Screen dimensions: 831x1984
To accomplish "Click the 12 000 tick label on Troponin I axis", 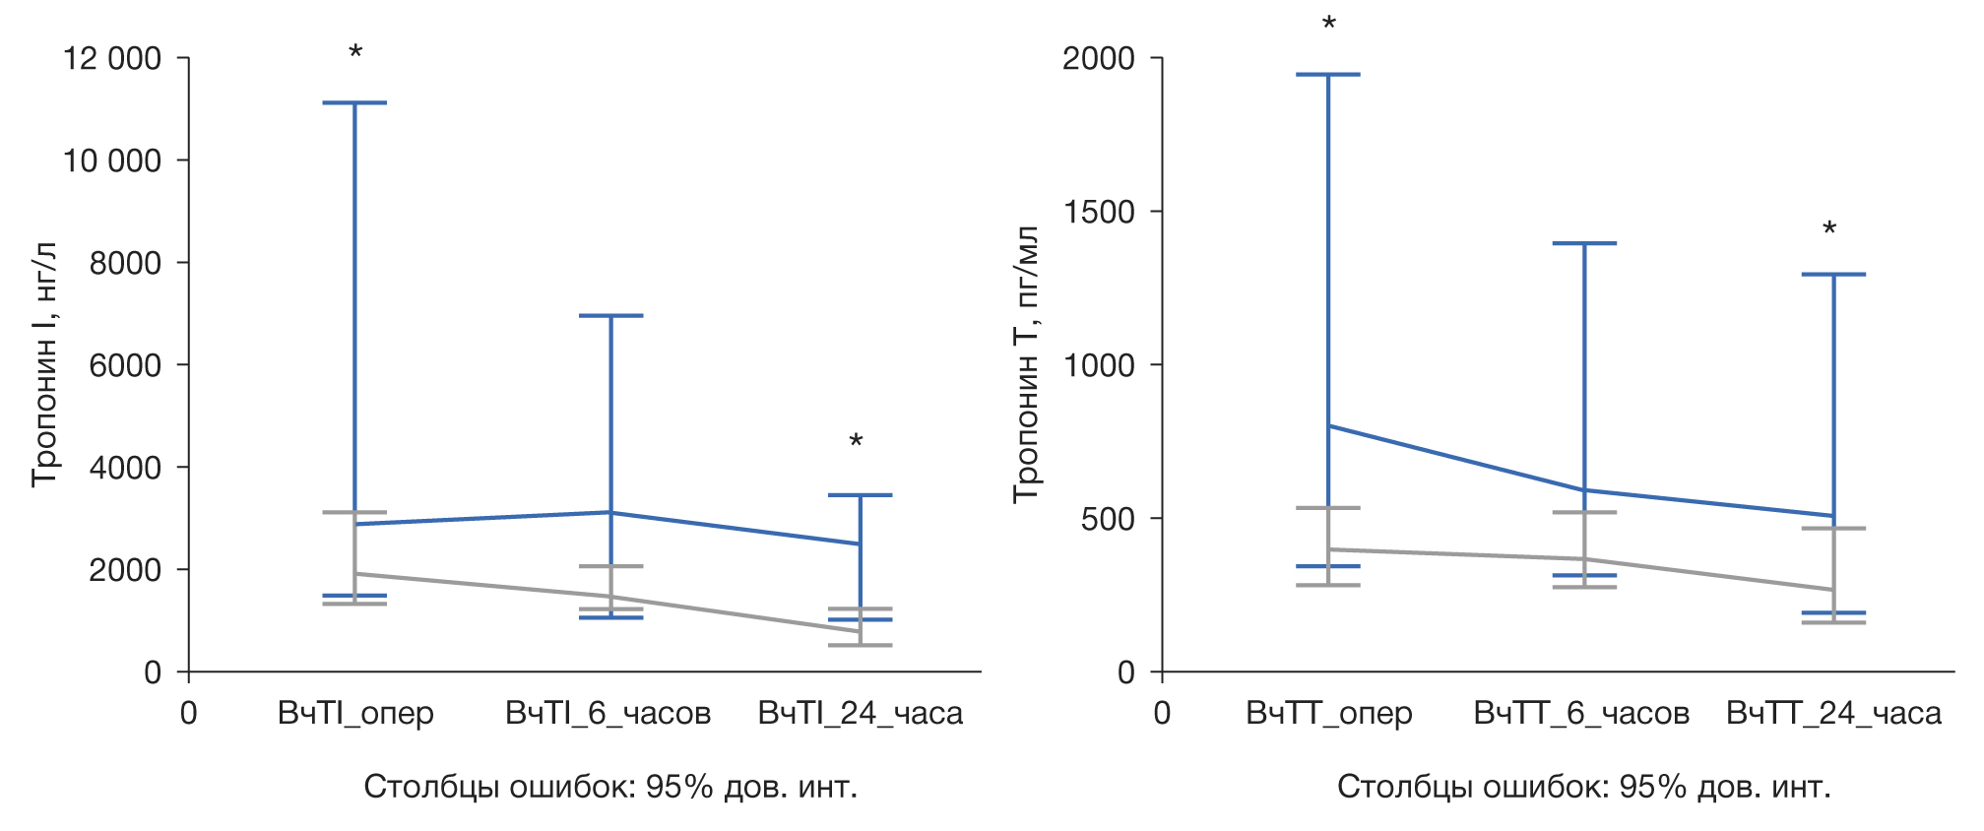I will point(111,59).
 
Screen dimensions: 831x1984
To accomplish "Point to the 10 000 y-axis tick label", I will point(111,160).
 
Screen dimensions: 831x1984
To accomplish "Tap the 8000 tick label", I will point(125,263).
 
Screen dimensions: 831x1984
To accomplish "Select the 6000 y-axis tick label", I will point(125,365).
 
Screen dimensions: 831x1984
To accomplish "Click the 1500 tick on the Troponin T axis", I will point(1098,212).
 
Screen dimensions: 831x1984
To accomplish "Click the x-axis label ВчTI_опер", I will point(355,713).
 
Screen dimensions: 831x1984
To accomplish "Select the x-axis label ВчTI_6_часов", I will point(608,713).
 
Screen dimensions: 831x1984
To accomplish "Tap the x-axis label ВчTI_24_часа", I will point(860,713).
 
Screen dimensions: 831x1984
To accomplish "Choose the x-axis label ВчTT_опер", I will point(1328,713).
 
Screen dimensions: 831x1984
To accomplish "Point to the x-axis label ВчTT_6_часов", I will point(1581,713).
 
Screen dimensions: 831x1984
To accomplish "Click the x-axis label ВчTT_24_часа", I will point(1833,713).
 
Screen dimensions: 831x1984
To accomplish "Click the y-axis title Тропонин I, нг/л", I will point(44,364).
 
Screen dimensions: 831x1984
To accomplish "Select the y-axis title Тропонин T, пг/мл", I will point(1026,364).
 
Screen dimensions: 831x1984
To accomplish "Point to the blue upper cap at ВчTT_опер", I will point(1328,75).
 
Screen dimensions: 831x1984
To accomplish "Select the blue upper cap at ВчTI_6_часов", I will point(610,316).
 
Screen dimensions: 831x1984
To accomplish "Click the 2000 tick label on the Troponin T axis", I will point(1098,59).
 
